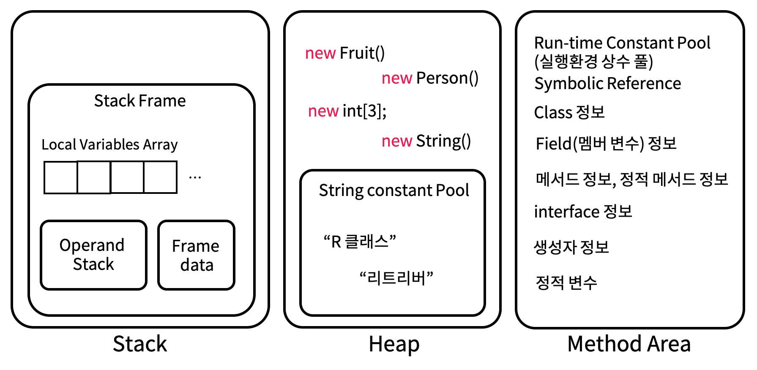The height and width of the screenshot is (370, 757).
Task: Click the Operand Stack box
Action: [93, 255]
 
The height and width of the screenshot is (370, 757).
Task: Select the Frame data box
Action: [196, 255]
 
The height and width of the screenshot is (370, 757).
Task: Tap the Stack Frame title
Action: [140, 101]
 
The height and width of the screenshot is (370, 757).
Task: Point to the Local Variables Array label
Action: [109, 144]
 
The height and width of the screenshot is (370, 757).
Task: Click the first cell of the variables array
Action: [61, 177]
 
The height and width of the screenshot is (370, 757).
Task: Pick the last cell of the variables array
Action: [160, 177]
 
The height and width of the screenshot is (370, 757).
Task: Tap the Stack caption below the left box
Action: [140, 344]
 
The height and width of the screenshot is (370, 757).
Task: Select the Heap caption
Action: [394, 344]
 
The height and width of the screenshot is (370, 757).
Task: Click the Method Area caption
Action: [629, 344]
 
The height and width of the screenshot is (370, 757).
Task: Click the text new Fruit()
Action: [345, 54]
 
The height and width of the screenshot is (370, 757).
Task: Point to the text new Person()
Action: [430, 79]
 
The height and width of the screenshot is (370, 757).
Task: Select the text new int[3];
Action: [347, 111]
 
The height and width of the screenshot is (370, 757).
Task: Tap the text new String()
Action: [426, 141]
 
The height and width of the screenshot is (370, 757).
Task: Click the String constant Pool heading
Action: [394, 190]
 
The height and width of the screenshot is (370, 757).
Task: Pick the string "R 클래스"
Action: [360, 242]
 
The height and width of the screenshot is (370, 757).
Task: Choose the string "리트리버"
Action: [396, 278]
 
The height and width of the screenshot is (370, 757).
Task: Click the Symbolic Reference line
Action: [607, 84]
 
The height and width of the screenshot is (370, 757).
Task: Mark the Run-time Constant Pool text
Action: [622, 43]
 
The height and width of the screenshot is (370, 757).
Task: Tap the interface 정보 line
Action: [583, 212]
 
